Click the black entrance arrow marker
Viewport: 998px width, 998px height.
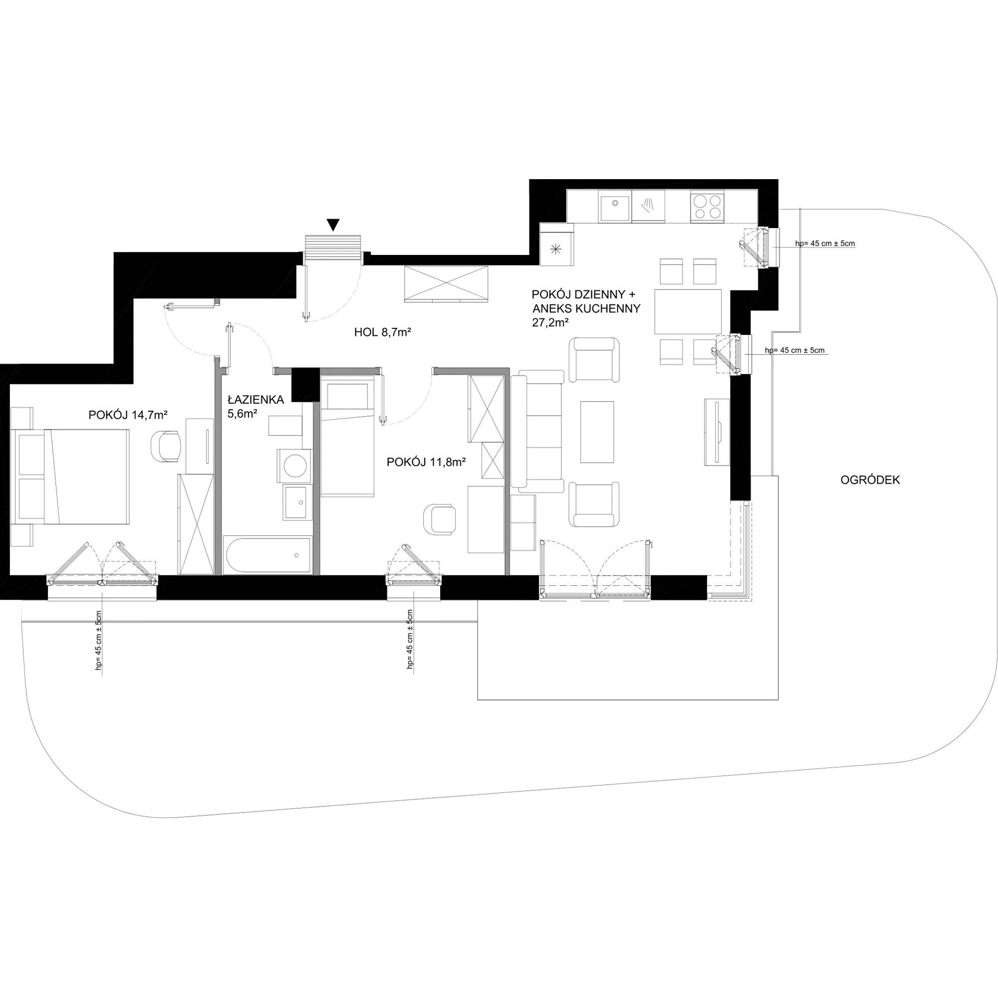[334, 225]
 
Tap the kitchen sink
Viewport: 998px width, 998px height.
[614, 208]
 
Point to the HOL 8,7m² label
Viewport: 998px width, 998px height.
[382, 333]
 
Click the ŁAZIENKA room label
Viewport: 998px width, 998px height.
[256, 399]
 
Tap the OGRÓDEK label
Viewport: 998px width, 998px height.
[870, 480]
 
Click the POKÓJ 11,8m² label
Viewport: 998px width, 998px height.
[427, 463]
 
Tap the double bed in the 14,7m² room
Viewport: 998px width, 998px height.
[72, 476]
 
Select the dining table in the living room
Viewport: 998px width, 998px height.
[688, 311]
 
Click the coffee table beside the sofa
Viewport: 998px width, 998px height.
[597, 432]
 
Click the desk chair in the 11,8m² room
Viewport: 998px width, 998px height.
[439, 519]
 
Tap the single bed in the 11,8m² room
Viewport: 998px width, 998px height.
[347, 436]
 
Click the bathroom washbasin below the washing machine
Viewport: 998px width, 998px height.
[296, 502]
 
